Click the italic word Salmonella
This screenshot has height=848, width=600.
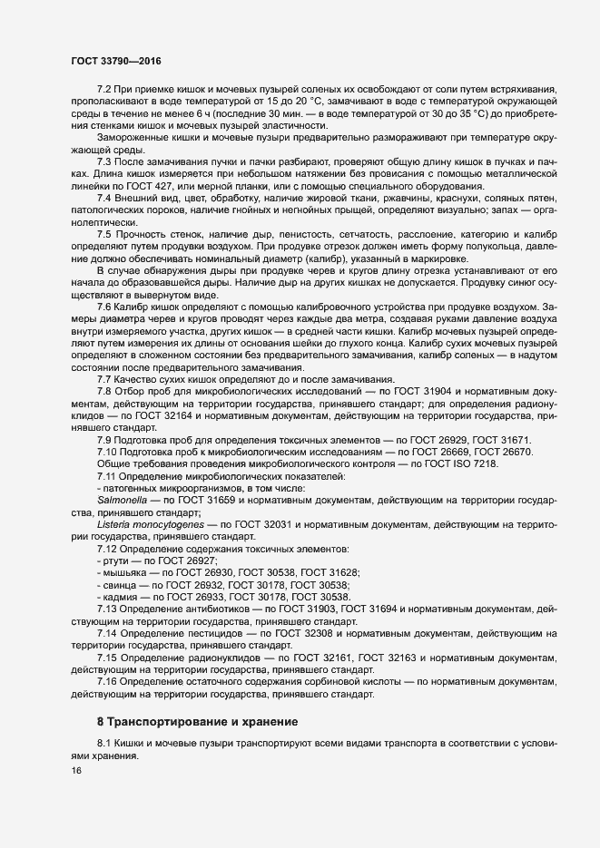123,499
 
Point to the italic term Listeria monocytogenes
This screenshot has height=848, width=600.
149,524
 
